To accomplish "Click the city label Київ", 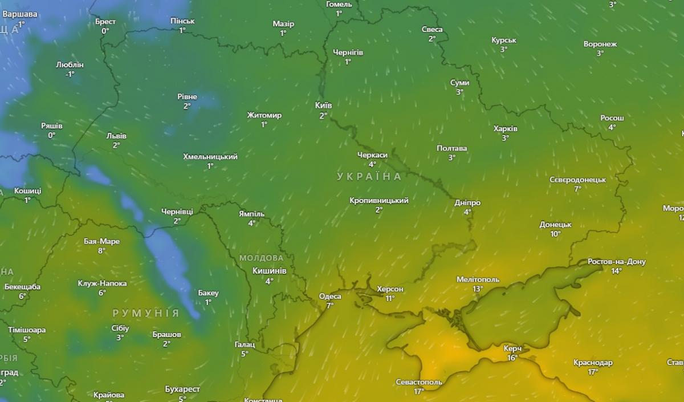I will [x=323, y=105].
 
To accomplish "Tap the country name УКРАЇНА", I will [x=369, y=177].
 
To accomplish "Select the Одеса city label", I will [x=330, y=297].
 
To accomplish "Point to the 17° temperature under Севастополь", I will [x=419, y=391].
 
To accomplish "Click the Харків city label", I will [x=506, y=128].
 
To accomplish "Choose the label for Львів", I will [x=116, y=136].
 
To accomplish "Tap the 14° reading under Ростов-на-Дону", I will [x=616, y=271].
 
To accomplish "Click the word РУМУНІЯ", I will [x=146, y=314].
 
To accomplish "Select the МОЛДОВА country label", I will [x=261, y=258].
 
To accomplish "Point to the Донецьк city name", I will [x=556, y=224].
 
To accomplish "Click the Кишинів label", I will [x=269, y=271].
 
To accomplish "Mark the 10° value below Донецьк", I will [x=555, y=234].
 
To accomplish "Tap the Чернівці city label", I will [x=177, y=212].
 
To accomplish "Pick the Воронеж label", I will [x=600, y=44].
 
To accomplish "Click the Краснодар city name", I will [x=593, y=363].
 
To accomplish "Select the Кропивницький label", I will [x=379, y=201].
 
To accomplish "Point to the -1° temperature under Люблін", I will [x=70, y=74].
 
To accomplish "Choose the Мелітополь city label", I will [x=478, y=279].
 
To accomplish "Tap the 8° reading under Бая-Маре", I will [x=101, y=250].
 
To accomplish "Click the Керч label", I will [x=512, y=348].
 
